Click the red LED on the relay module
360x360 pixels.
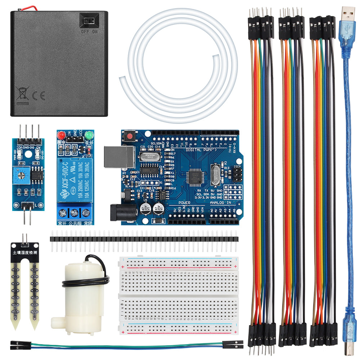click(x=60, y=136)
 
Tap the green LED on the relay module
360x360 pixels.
click(x=90, y=136)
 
